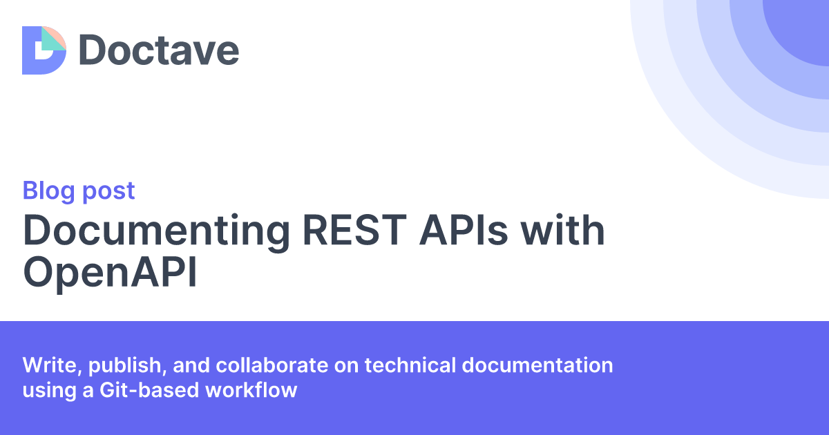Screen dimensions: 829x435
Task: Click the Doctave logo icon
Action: point(44,50)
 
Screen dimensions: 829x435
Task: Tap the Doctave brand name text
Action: point(159,50)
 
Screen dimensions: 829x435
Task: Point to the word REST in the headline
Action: point(354,230)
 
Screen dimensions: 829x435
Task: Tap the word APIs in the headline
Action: point(464,230)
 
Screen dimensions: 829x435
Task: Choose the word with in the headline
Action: point(562,230)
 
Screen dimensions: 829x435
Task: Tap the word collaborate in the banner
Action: point(272,365)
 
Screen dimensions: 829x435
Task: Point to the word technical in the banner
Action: point(410,365)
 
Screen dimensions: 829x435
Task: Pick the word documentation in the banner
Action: point(537,365)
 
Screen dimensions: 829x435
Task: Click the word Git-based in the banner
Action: point(149,390)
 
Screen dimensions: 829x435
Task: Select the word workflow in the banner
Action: point(251,390)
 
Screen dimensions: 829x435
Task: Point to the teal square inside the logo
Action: point(51,41)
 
